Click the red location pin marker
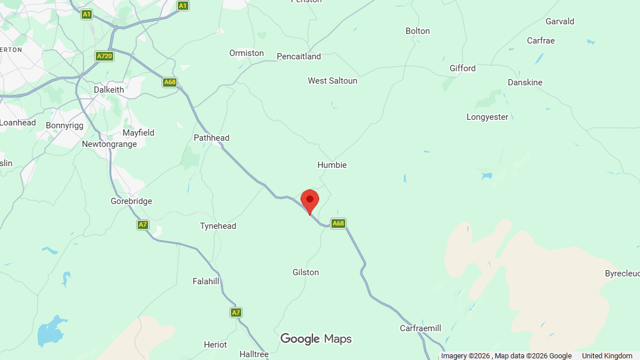point(310,201)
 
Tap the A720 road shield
point(105,57)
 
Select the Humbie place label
point(332,165)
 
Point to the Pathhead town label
point(211,138)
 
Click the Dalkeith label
point(109,90)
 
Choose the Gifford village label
point(463,68)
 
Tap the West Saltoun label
point(332,81)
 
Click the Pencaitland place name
point(299,57)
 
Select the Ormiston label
point(246,53)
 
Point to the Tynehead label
point(218,226)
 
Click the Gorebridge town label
point(132,201)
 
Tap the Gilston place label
point(306,272)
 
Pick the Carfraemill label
point(420,328)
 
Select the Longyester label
point(487,117)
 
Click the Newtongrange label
point(110,144)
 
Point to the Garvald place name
point(560,21)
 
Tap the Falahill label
point(206,281)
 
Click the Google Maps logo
point(316,339)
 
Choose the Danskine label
point(525,83)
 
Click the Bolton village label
point(417,31)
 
